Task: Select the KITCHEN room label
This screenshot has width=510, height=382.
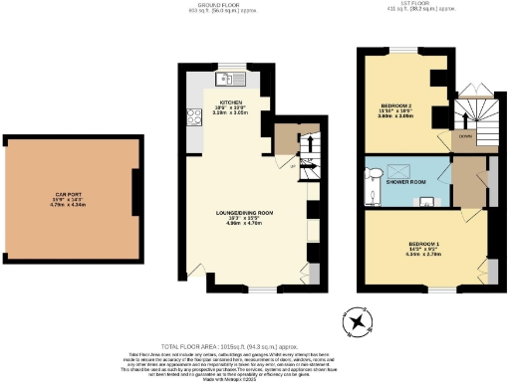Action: click(231, 102)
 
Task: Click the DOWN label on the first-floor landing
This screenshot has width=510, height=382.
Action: click(464, 136)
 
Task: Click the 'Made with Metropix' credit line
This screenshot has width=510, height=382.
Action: click(255, 377)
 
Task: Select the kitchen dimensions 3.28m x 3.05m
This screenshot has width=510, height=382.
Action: click(231, 114)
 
